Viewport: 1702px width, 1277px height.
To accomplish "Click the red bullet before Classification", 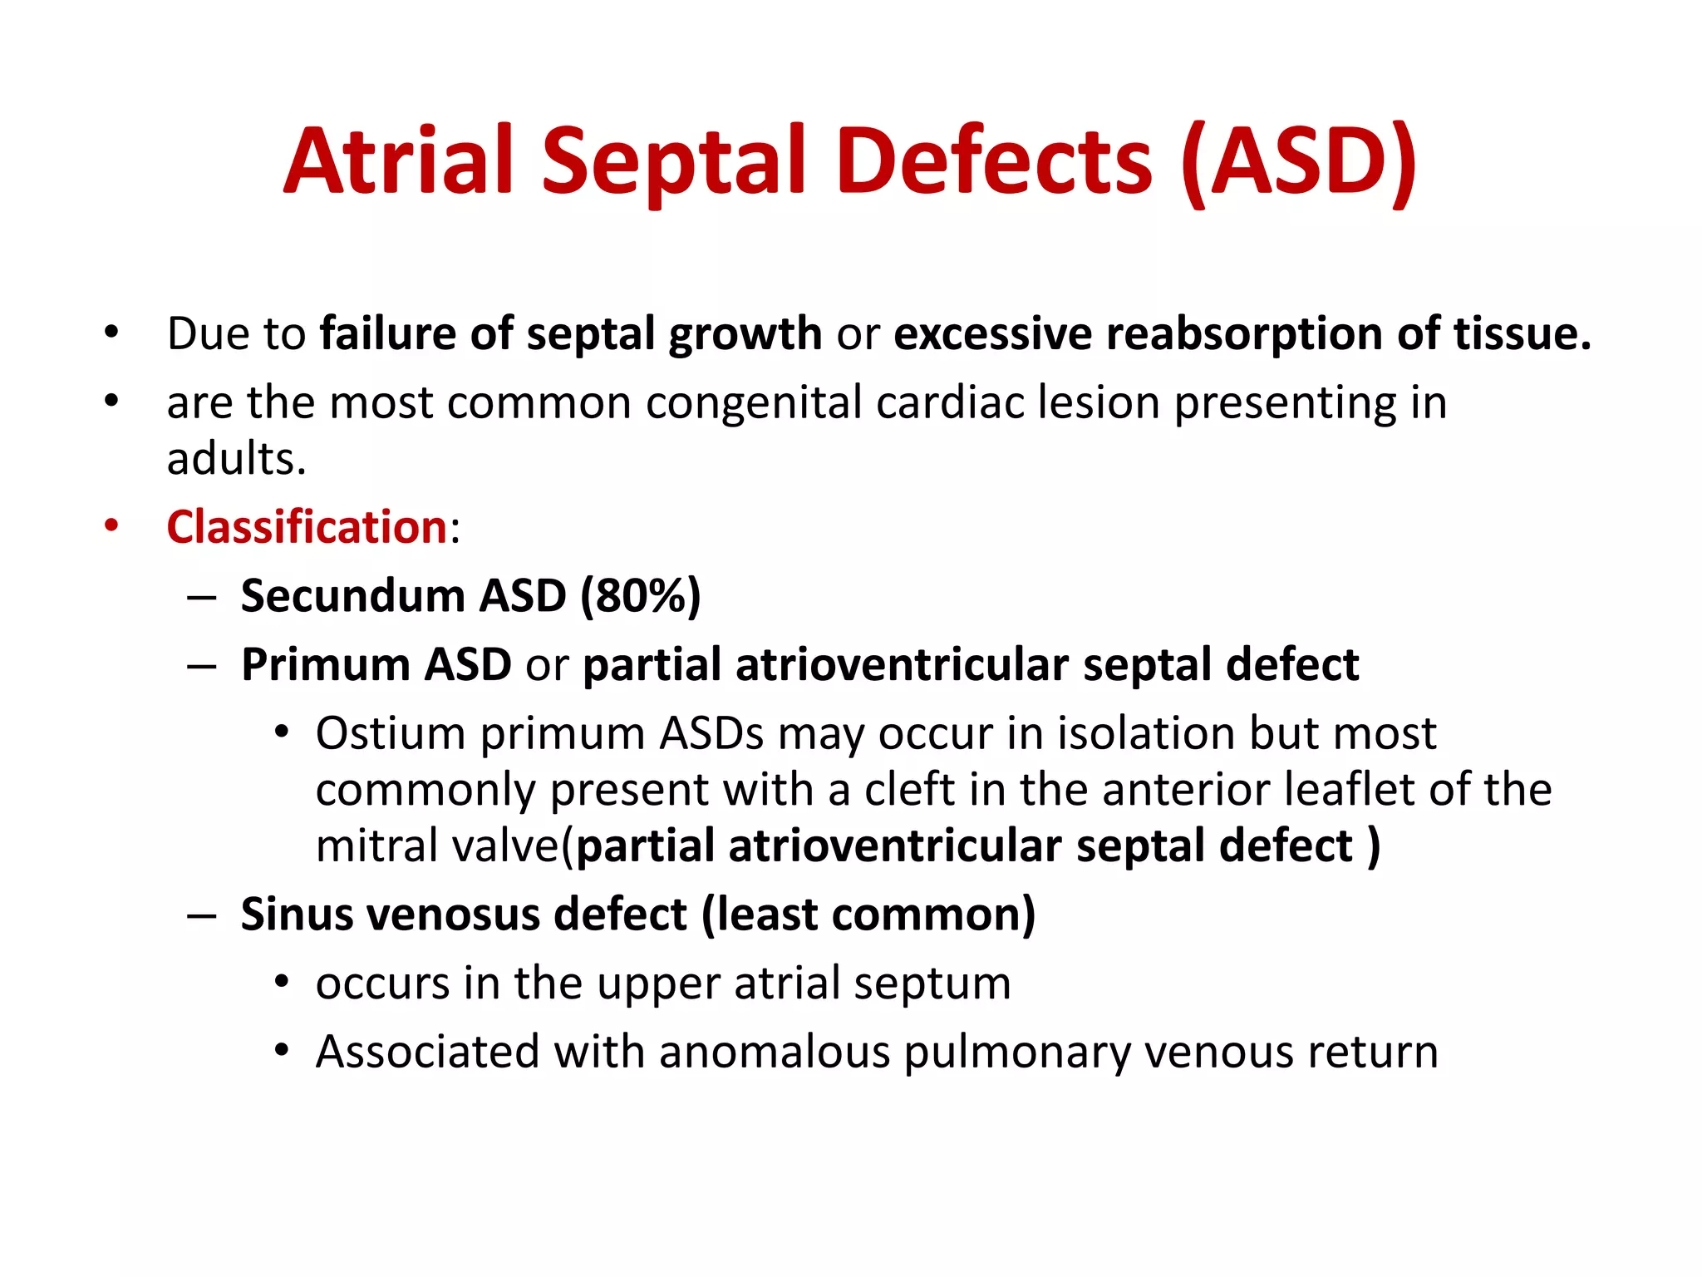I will pyautogui.click(x=111, y=526).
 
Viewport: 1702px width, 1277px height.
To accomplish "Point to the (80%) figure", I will pyautogui.click(x=641, y=596).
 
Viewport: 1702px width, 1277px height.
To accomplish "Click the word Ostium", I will pyautogui.click(x=391, y=734).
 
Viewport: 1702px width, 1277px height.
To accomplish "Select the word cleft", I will pyautogui.click(x=909, y=789).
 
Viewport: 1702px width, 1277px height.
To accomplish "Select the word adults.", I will pyautogui.click(x=235, y=458).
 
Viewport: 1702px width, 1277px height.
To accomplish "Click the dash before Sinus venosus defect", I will pyautogui.click(x=202, y=915).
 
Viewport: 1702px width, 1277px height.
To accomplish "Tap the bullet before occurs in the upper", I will pyautogui.click(x=283, y=984).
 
